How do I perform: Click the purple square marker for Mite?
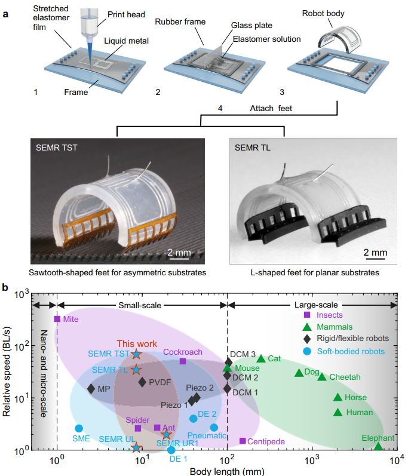click(x=57, y=319)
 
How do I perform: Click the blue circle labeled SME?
click(x=79, y=428)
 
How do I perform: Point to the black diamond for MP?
click(x=91, y=388)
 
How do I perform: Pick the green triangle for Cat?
click(x=260, y=358)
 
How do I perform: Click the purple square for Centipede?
click(x=243, y=441)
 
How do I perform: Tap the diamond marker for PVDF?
click(x=142, y=382)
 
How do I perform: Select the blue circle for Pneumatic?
click(x=214, y=427)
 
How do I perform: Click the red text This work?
click(x=136, y=343)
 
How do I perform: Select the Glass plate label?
click(x=246, y=26)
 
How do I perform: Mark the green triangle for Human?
click(x=338, y=412)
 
